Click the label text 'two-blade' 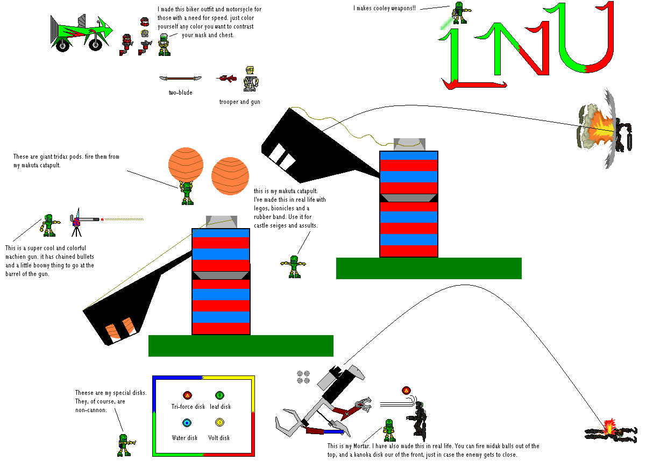[180, 93]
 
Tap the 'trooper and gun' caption [239, 102]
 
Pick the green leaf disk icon [219, 395]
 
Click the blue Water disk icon [187, 423]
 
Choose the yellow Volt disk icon [219, 423]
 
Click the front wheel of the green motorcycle [95, 44]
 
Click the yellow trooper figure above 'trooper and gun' [250, 79]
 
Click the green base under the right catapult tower [429, 268]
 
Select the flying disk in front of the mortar [406, 391]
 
